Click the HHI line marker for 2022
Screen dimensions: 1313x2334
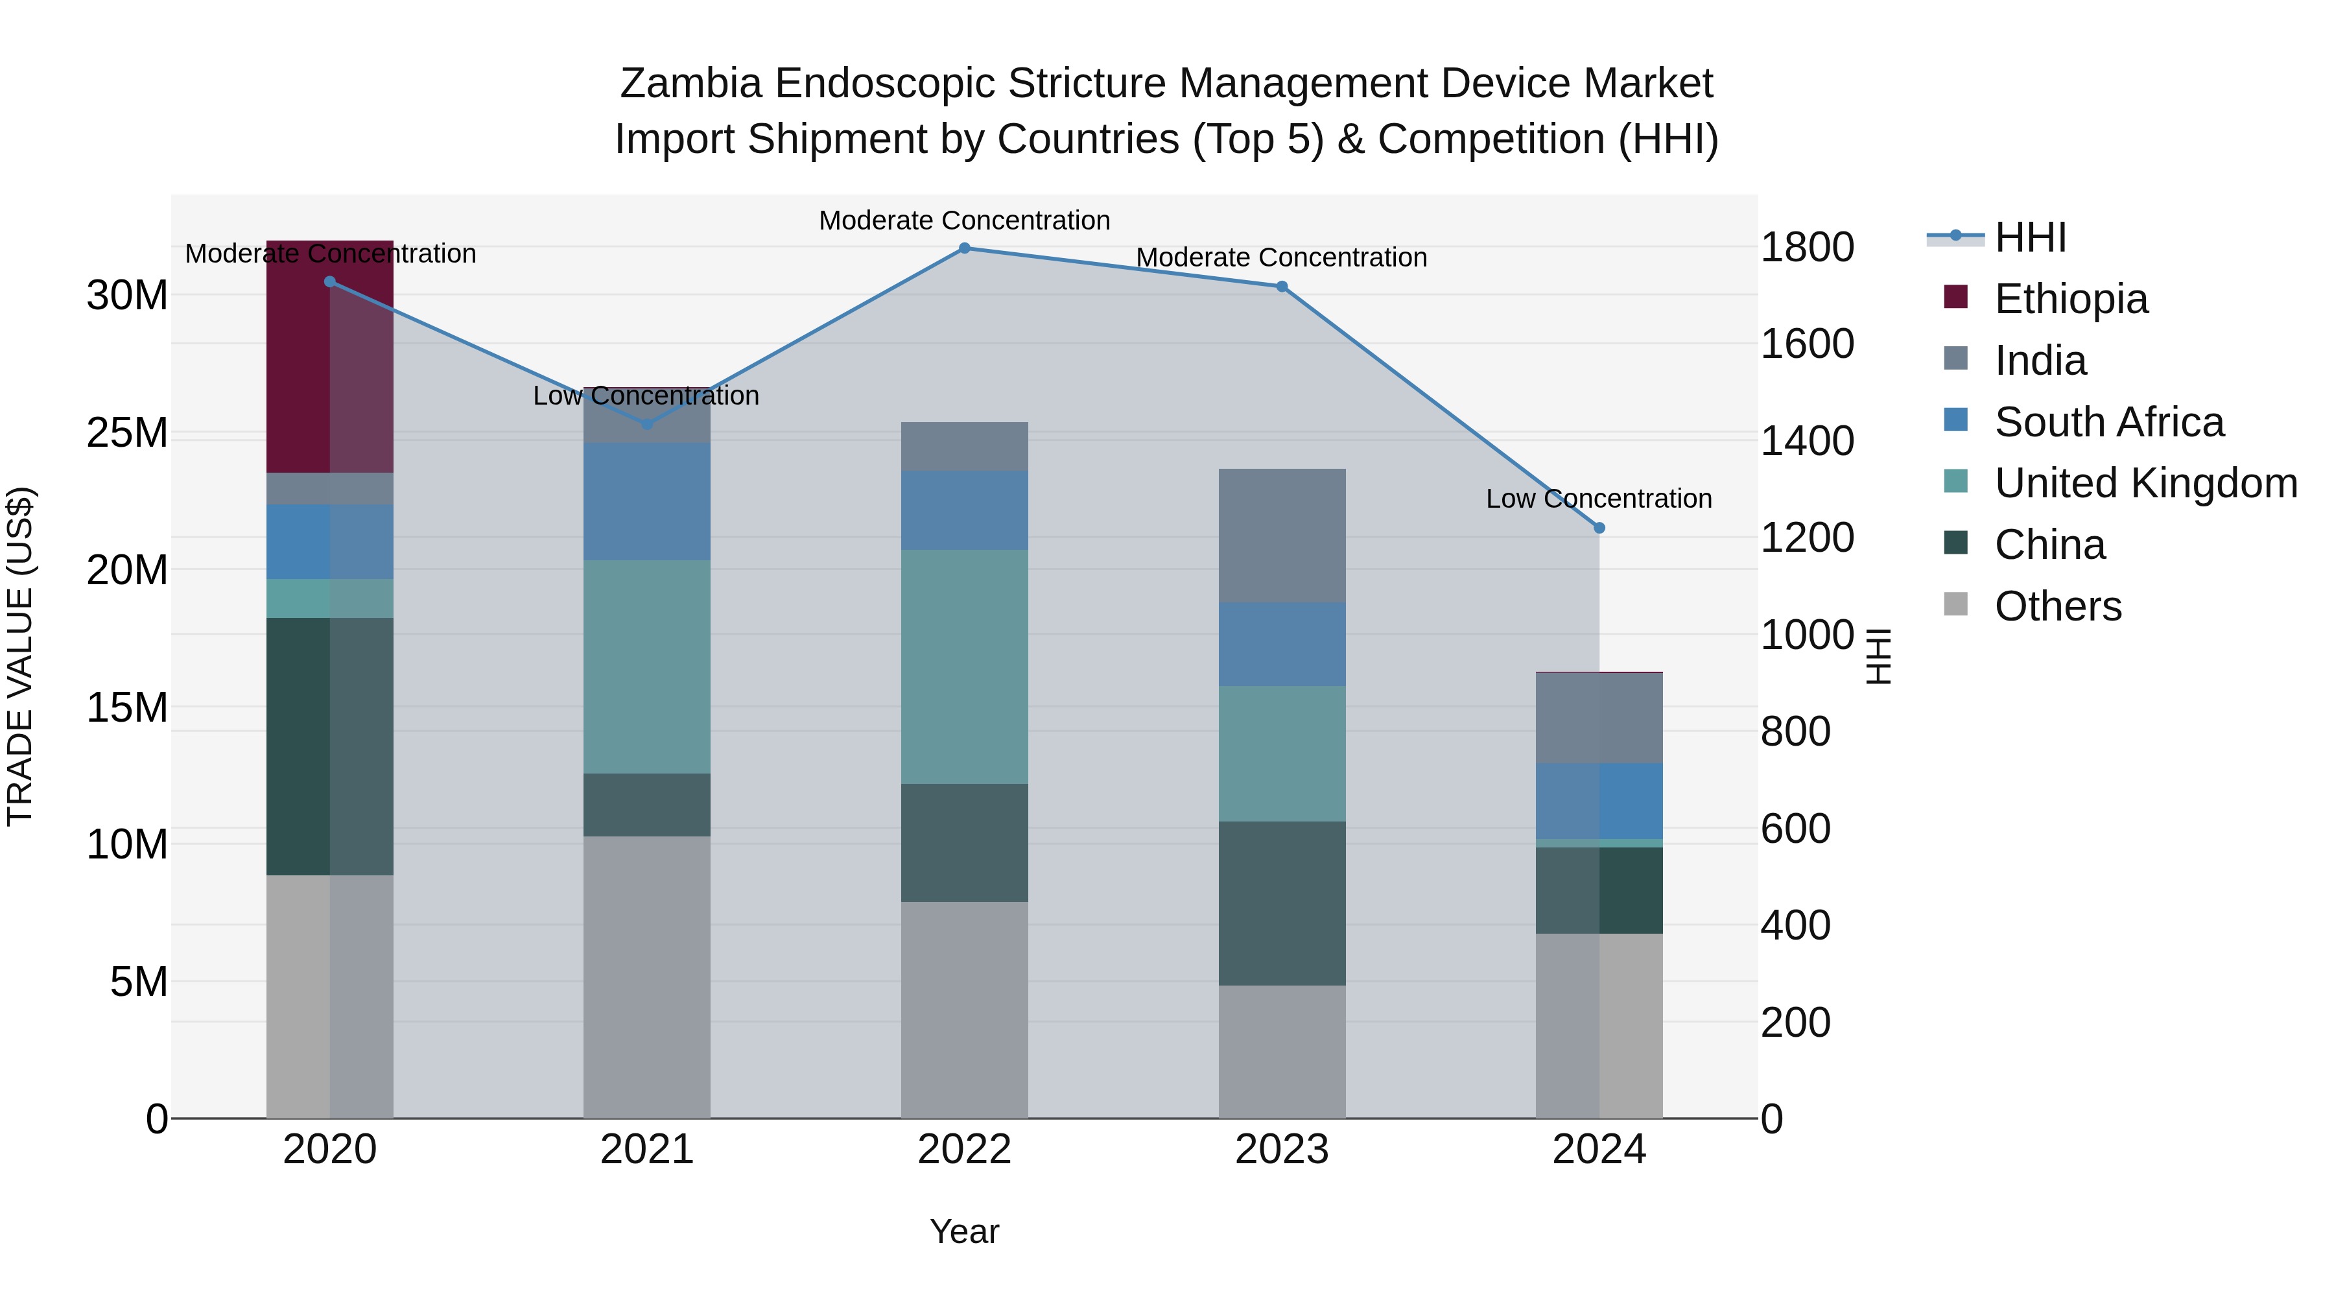[x=964, y=248]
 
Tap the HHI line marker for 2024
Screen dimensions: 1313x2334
[x=1599, y=527]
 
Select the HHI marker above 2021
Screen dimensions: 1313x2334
[x=647, y=423]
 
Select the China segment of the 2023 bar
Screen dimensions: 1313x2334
[x=1281, y=903]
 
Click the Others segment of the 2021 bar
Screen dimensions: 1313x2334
[x=647, y=977]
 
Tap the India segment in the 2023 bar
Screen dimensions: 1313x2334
[x=1281, y=536]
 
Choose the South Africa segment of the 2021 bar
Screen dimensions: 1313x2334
[x=647, y=501]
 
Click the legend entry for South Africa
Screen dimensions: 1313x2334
[x=2108, y=422]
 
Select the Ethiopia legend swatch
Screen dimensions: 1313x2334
[x=1956, y=297]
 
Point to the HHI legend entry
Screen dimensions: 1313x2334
[x=2029, y=237]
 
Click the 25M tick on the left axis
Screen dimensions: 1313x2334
[x=127, y=433]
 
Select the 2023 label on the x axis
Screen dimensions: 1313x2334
[x=1281, y=1150]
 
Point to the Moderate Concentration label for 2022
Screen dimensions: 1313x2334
[x=964, y=220]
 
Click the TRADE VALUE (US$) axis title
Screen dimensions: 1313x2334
[x=20, y=656]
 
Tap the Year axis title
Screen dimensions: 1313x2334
[x=964, y=1231]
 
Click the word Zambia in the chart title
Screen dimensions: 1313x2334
[x=690, y=84]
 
